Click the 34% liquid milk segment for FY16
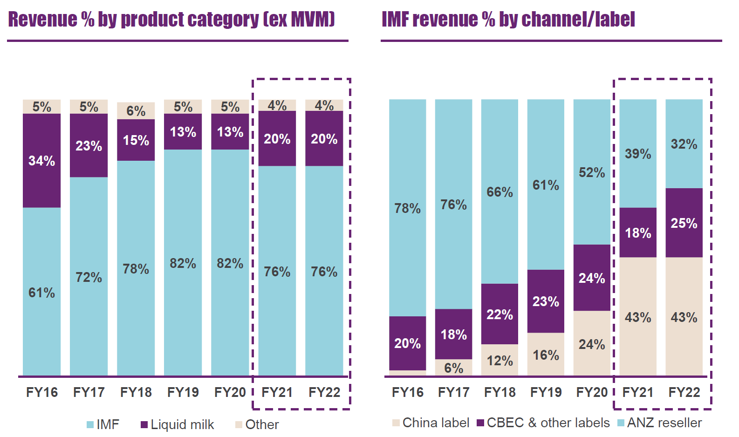point(41,161)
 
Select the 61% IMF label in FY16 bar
point(41,293)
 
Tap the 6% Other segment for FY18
point(136,111)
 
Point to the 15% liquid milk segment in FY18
point(136,140)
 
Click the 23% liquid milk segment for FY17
point(89,146)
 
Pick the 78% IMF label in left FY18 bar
point(136,269)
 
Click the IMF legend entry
point(103,424)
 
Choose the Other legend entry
point(257,424)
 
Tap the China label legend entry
point(431,423)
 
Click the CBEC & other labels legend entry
point(543,423)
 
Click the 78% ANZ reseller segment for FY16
point(407,208)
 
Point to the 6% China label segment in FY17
point(453,368)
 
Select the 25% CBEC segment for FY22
point(684,223)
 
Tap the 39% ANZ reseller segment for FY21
point(637,154)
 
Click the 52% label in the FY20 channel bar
point(591,172)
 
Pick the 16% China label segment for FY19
point(546,355)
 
